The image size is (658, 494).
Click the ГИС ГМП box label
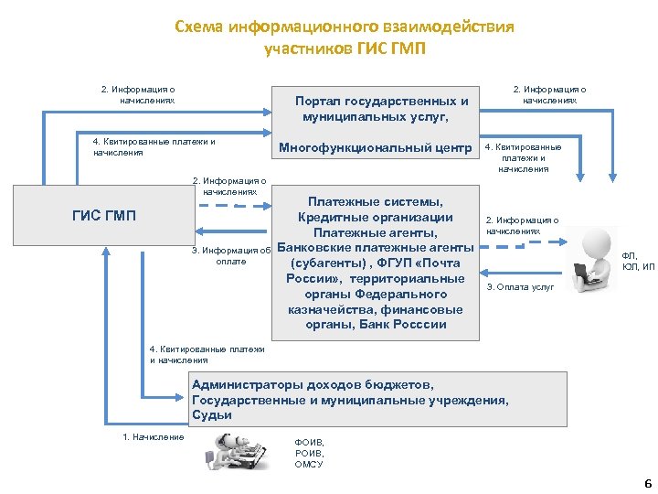point(103,216)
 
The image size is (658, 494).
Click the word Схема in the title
point(202,27)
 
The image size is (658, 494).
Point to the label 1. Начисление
point(154,436)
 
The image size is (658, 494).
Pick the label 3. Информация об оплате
point(230,255)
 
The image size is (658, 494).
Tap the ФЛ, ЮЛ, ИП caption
point(638,262)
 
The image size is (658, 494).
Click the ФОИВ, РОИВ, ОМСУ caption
point(309,453)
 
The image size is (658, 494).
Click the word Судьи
point(212,414)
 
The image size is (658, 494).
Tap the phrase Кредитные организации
point(376,217)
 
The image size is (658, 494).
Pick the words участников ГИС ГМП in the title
point(345,48)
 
